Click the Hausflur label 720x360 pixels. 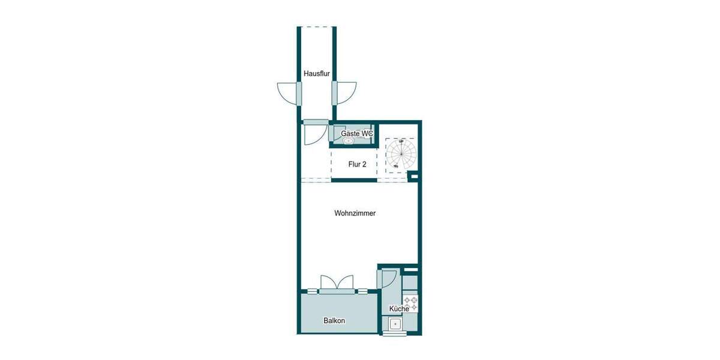pyautogui.click(x=317, y=74)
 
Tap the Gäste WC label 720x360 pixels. pyautogui.click(x=357, y=133)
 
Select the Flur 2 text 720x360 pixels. pyautogui.click(x=357, y=164)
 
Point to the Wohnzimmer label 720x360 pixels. pyautogui.click(x=355, y=213)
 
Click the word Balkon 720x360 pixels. pyautogui.click(x=334, y=320)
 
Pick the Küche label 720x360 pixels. pyautogui.click(x=399, y=308)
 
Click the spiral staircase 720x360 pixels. pyautogui.click(x=399, y=154)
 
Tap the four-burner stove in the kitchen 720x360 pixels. pyautogui.click(x=410, y=303)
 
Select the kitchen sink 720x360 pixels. pyautogui.click(x=396, y=325)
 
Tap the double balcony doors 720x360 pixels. pyautogui.click(x=337, y=284)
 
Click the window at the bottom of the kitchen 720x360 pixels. pyautogui.click(x=395, y=334)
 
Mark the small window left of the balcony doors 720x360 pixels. pyautogui.click(x=312, y=292)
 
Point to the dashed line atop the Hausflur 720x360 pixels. pyautogui.click(x=317, y=26)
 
